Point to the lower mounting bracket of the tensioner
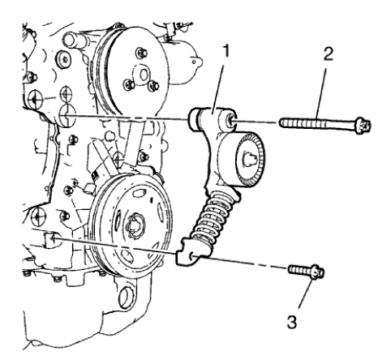tap(187, 257)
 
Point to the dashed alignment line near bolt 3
tap(243, 266)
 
